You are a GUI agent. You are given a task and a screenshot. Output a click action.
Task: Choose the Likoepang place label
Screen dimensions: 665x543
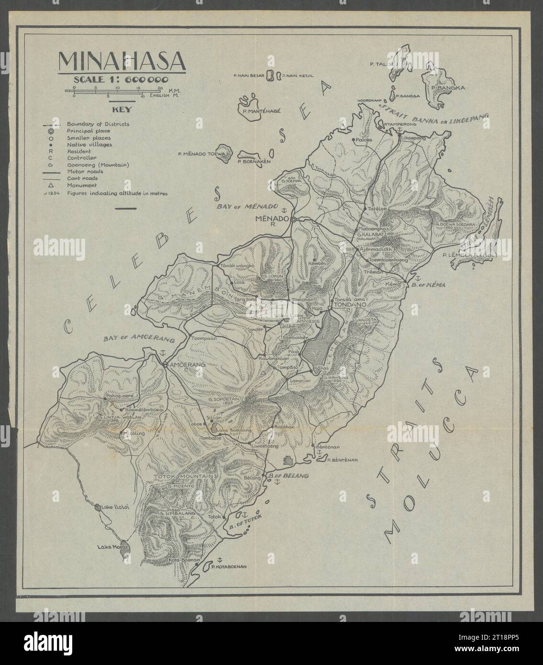pos(413,138)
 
